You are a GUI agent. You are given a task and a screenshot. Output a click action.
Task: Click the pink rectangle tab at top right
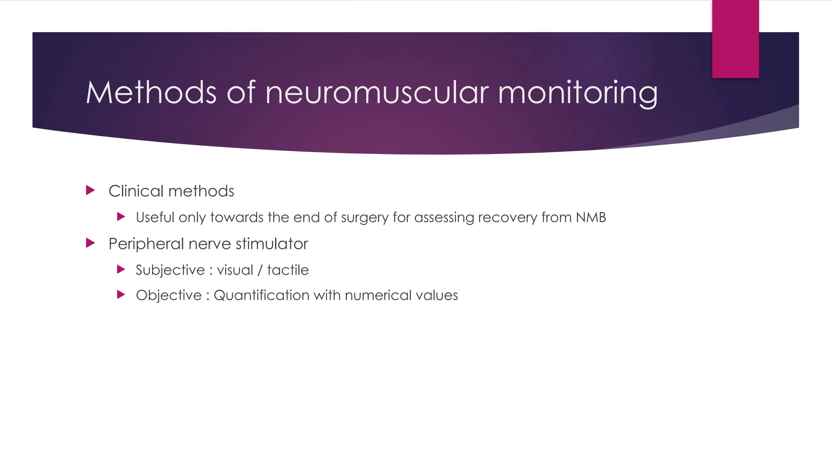(x=735, y=39)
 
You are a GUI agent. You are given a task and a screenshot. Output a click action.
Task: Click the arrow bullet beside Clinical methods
(x=91, y=190)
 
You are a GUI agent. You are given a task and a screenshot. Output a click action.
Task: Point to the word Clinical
(x=136, y=191)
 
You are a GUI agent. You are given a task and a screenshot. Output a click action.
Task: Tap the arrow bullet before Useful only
(x=121, y=217)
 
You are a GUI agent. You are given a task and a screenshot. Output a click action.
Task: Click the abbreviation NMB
(x=591, y=217)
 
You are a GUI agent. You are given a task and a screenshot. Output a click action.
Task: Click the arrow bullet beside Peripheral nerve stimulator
(x=91, y=243)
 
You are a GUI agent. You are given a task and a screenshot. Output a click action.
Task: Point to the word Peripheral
(x=146, y=244)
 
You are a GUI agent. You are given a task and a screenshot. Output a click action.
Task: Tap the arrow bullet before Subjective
(x=121, y=269)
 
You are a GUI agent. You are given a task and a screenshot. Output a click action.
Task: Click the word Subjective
(x=170, y=270)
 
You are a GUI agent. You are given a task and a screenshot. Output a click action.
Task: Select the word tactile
(x=288, y=270)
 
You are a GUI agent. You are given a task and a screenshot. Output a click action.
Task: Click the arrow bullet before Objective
(x=121, y=295)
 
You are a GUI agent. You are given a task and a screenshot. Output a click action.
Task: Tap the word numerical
(x=381, y=295)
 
